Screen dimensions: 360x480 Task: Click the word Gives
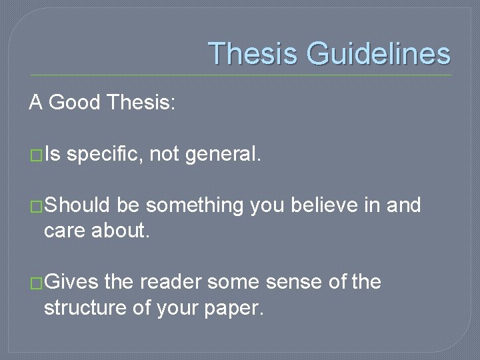(x=71, y=282)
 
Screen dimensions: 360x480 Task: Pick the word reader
(x=169, y=282)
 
